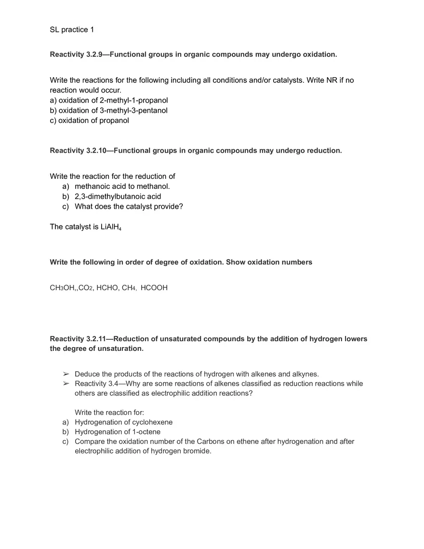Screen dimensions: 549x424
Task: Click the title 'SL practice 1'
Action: [72, 30]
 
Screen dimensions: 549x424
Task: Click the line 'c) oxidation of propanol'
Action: [89, 121]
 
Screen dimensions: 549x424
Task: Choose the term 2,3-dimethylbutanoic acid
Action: [118, 196]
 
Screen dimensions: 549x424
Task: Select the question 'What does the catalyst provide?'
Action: [129, 206]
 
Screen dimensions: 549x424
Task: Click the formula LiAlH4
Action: [111, 227]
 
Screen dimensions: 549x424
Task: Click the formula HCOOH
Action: [154, 288]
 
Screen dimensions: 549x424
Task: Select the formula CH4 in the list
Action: [129, 288]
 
